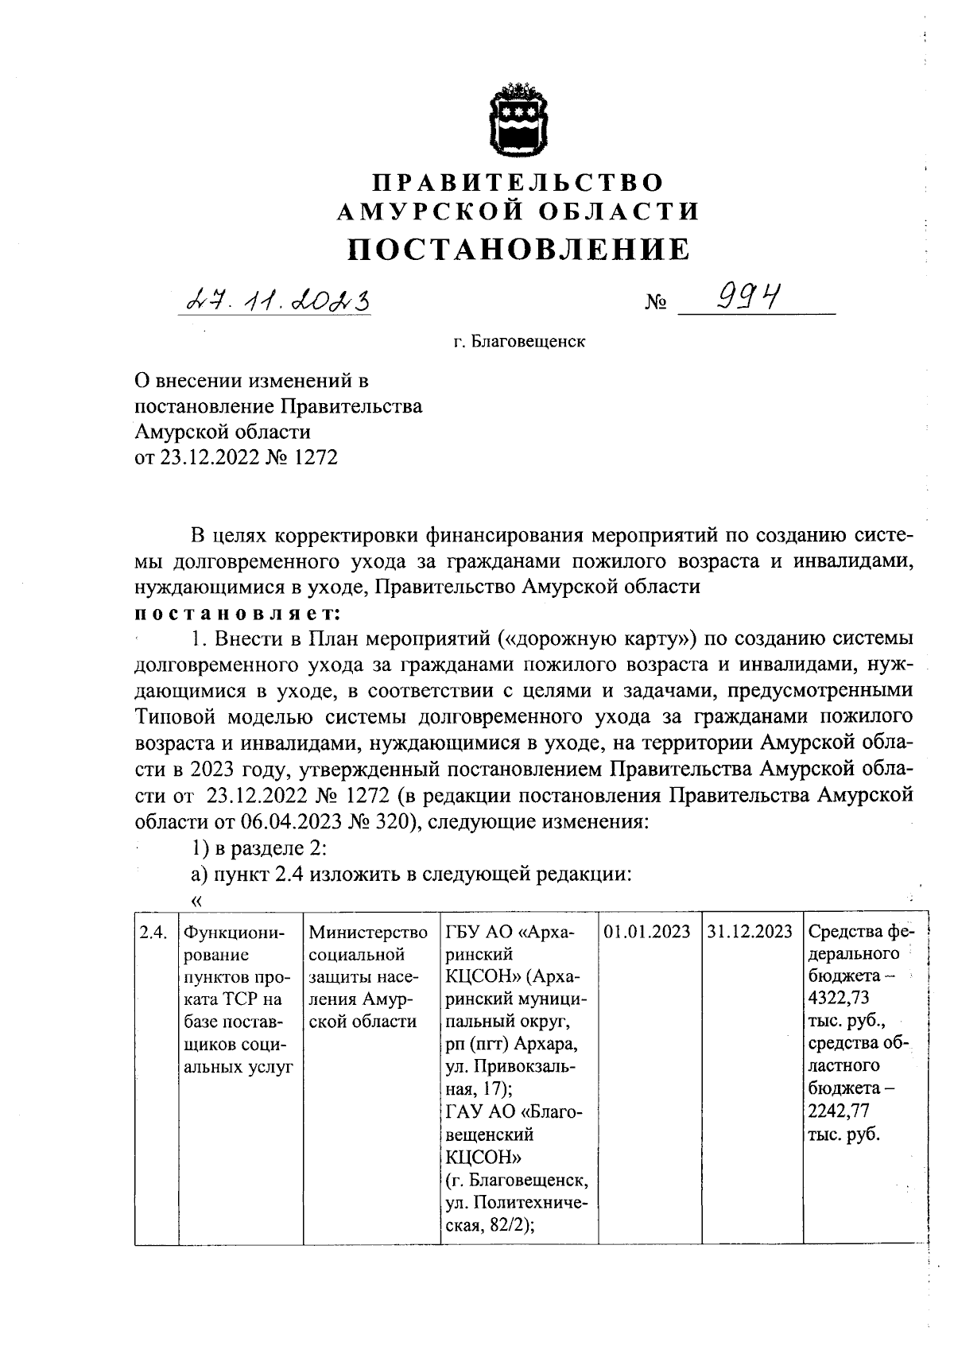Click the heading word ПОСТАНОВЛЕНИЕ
pos(518,249)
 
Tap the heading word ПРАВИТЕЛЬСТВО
pos(518,182)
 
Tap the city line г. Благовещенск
pos(518,343)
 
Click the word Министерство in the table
pos(367,932)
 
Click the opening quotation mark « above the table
pos(196,901)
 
